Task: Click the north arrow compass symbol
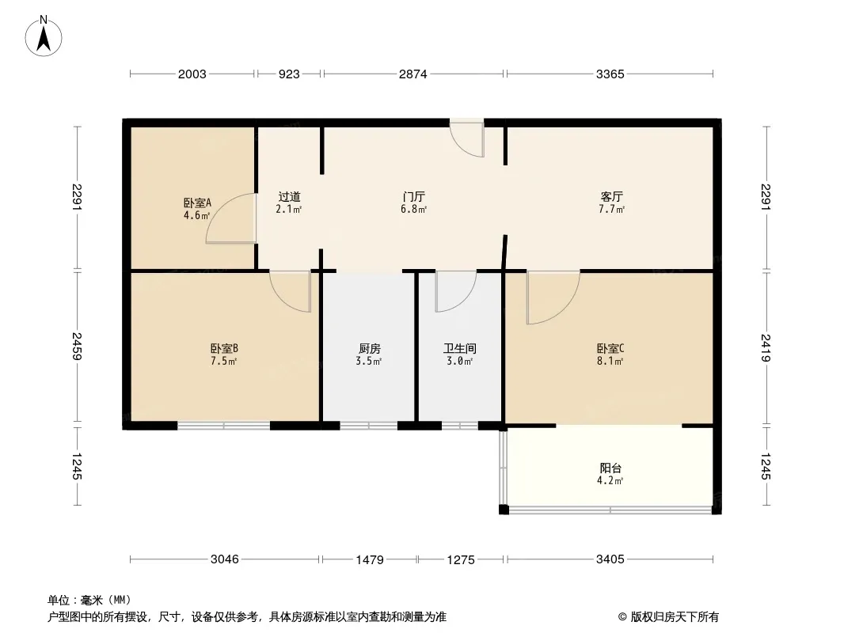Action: (44, 36)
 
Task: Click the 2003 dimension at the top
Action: (192, 74)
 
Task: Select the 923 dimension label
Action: (289, 74)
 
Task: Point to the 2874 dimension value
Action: (412, 74)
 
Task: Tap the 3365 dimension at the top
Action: (610, 74)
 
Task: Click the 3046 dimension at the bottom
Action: (224, 559)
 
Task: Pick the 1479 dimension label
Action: (370, 560)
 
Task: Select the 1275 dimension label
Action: (461, 560)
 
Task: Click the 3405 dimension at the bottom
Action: (610, 559)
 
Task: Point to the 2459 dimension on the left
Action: (78, 347)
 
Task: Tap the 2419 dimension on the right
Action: (766, 348)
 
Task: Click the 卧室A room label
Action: (197, 203)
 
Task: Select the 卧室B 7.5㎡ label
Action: (224, 355)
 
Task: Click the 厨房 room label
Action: (370, 348)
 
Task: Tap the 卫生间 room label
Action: (460, 348)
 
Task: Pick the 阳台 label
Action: (610, 468)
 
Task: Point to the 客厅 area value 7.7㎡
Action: (611, 209)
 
